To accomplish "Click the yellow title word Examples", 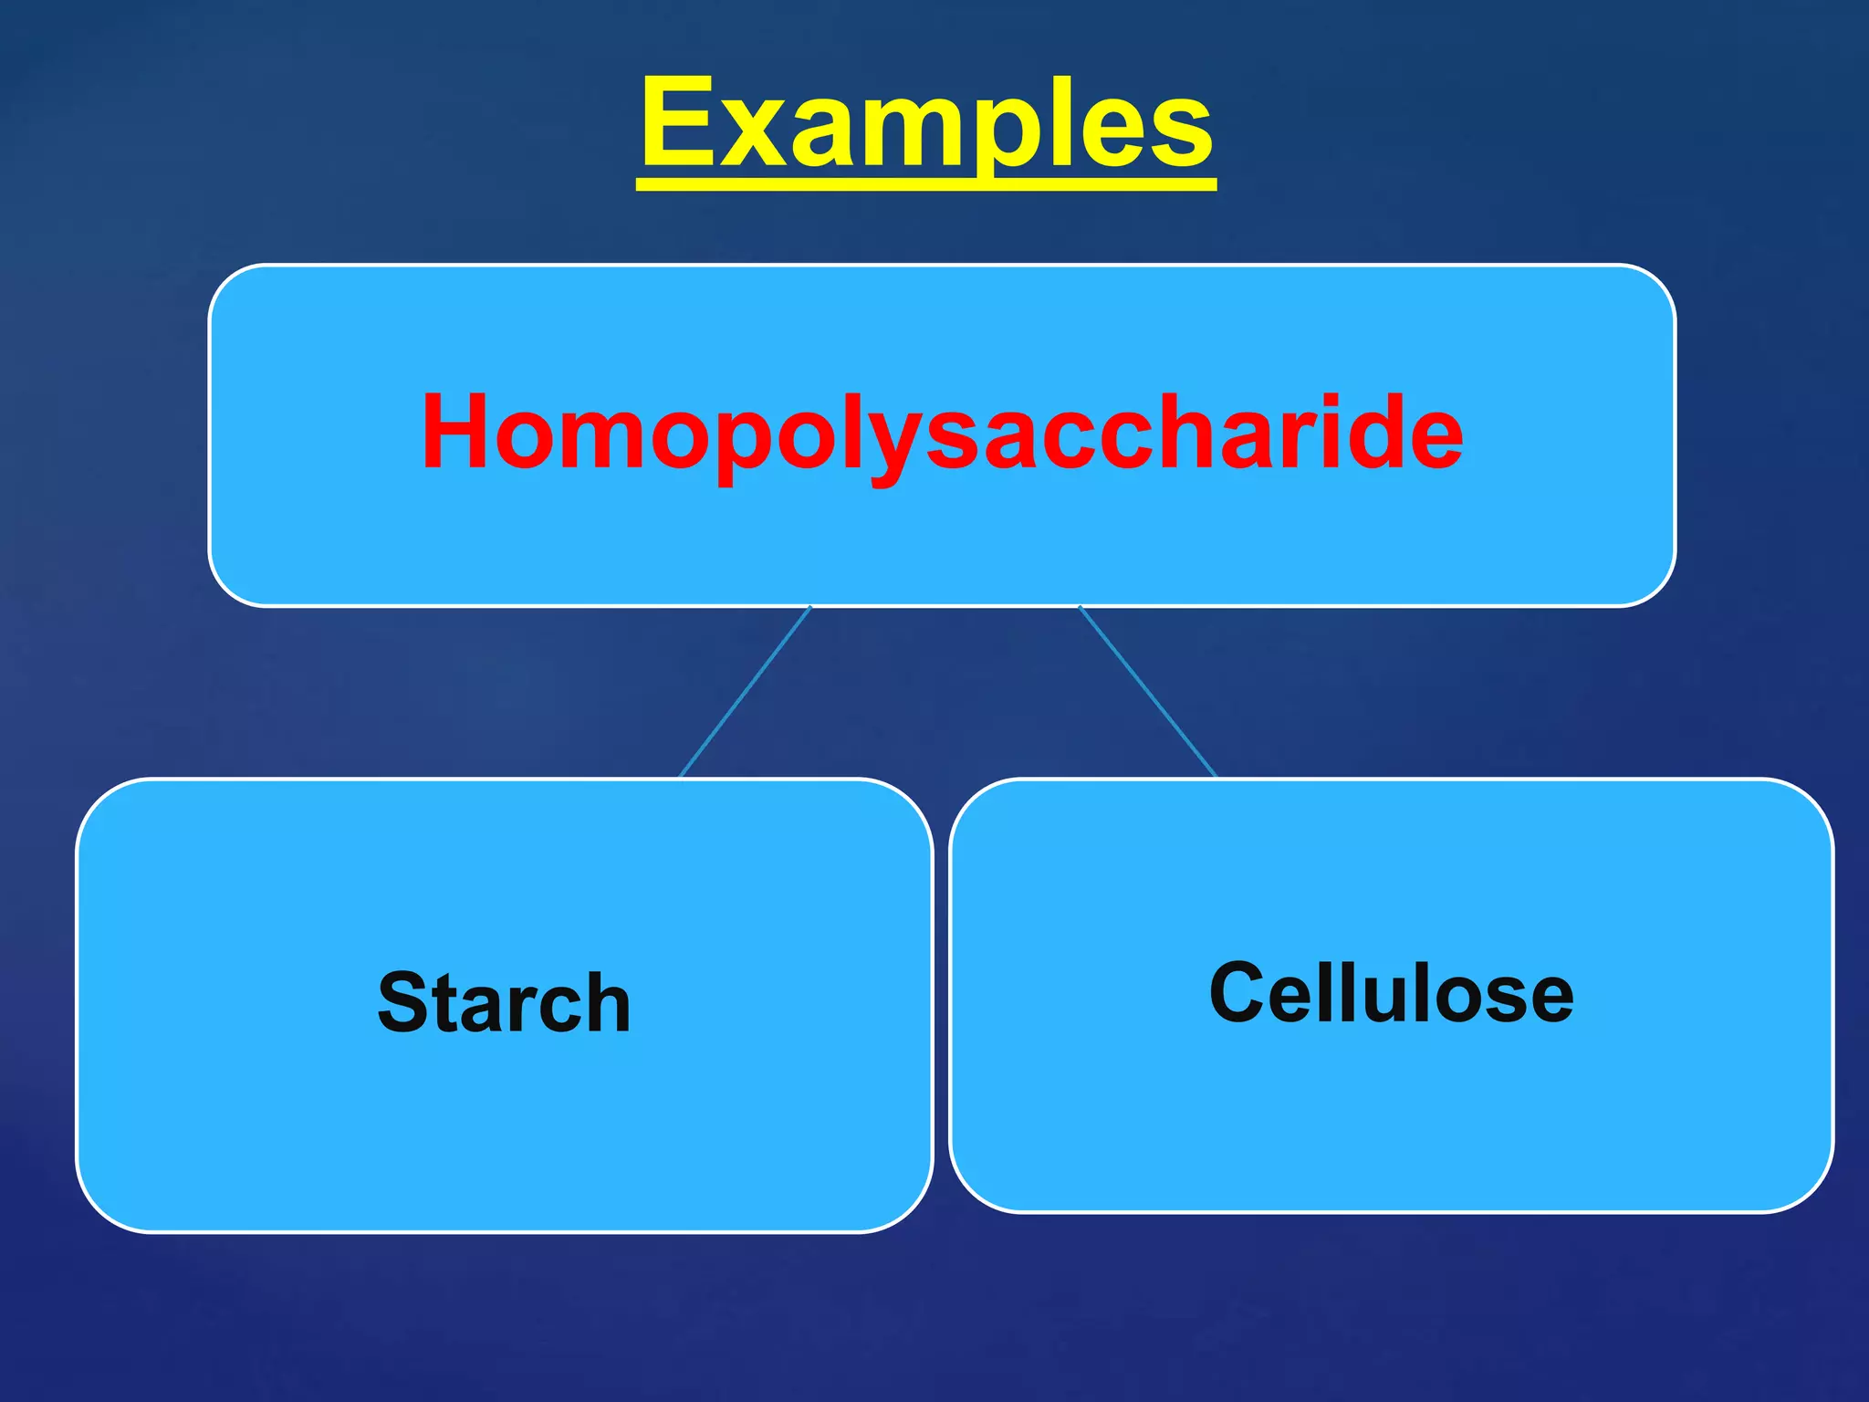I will [x=926, y=123].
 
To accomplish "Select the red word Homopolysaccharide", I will [x=942, y=431].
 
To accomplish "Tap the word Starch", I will [x=504, y=1002].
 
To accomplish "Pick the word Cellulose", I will [x=1391, y=992].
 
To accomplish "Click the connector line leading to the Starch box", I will [x=745, y=692].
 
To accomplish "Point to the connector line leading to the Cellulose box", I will [x=1148, y=691].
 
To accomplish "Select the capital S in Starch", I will [x=404, y=1002].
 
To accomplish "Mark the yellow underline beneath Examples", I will [x=926, y=185].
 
